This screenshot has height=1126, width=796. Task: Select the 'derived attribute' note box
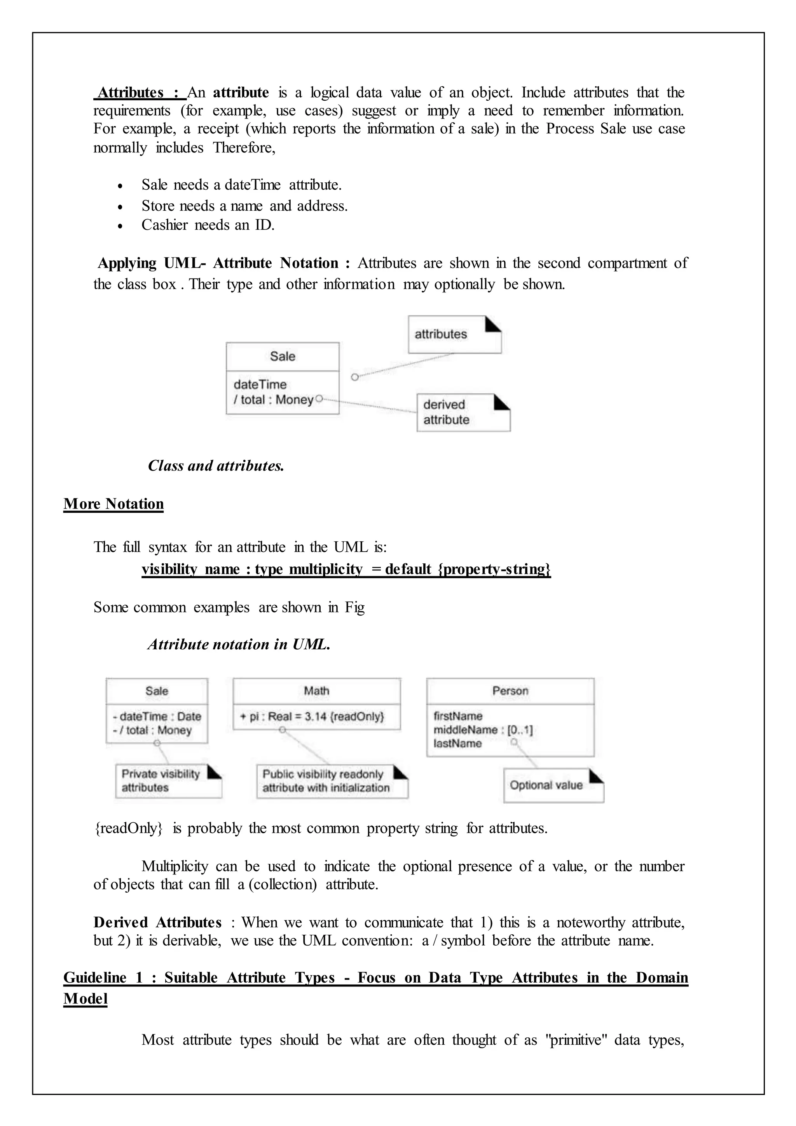[x=463, y=413]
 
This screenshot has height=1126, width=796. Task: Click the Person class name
[x=510, y=691]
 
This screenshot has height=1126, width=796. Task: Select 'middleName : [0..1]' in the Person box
[x=482, y=730]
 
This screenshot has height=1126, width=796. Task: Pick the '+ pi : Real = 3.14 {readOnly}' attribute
[x=312, y=717]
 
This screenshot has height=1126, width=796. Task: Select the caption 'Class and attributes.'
[x=216, y=465]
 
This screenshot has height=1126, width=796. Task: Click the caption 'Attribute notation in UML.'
[x=239, y=644]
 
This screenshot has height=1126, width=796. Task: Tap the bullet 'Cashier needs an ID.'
[x=208, y=225]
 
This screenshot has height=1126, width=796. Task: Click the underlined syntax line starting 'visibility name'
[x=346, y=569]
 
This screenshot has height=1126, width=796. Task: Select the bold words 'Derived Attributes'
[x=157, y=923]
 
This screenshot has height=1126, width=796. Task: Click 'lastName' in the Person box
[x=457, y=743]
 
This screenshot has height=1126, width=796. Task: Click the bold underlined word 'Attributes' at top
[x=131, y=93]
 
